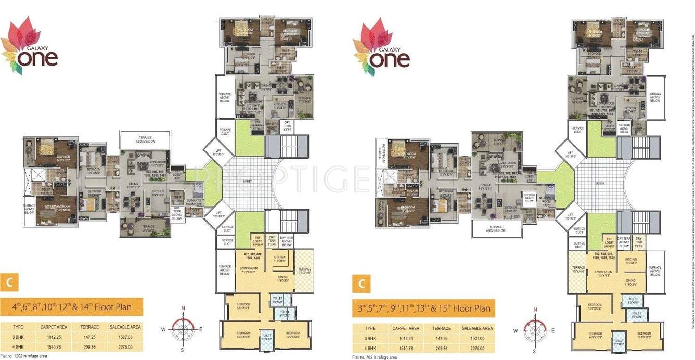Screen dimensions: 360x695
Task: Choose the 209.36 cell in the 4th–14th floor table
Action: (x=87, y=347)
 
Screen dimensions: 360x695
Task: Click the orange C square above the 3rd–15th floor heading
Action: (x=374, y=284)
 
